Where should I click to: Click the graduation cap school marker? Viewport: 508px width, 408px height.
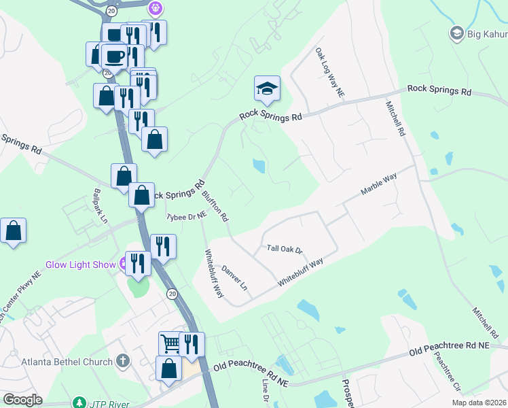(x=267, y=88)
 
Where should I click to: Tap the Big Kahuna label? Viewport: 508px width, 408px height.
(x=488, y=33)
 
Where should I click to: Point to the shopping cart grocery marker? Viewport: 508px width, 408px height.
(x=170, y=343)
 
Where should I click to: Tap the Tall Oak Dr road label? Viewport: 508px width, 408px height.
(x=284, y=250)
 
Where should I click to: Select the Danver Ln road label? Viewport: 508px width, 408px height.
(x=235, y=278)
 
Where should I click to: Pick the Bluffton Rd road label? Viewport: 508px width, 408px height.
(x=215, y=205)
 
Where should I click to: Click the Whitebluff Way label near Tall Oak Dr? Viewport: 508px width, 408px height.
(x=300, y=272)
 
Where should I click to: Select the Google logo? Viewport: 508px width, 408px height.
(x=22, y=400)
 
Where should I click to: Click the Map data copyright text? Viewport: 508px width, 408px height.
(x=479, y=403)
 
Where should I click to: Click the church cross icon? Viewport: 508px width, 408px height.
(x=122, y=360)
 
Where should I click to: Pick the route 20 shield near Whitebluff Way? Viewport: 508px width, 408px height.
(x=172, y=293)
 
